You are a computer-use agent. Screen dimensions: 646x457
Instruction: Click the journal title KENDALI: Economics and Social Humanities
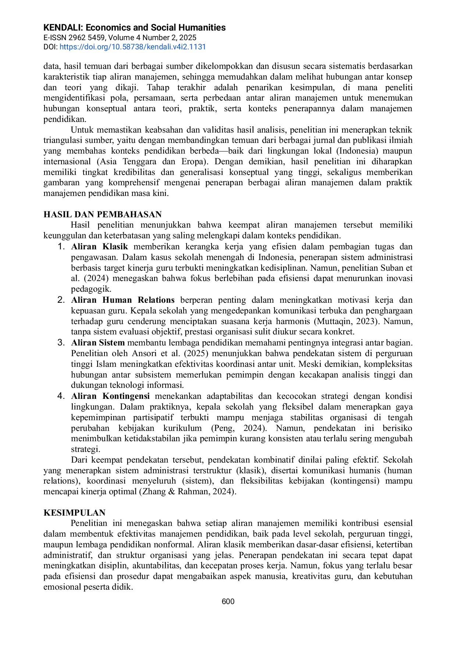coord(134,28)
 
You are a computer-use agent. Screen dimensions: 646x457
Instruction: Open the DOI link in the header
coord(132,47)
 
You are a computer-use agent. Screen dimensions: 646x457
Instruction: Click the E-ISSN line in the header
coord(120,38)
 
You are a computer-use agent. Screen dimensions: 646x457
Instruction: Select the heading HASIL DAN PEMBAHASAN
coord(103,214)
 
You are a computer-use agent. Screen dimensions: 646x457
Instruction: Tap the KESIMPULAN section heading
coord(74,513)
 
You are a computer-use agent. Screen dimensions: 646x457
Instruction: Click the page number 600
coord(228,601)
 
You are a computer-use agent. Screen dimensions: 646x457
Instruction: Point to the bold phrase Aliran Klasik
coord(99,247)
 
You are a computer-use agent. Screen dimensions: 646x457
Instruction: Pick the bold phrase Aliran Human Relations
coord(123,300)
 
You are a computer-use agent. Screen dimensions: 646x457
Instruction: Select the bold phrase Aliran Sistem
coord(98,343)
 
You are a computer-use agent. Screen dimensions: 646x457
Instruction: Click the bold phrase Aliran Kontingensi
coord(110,396)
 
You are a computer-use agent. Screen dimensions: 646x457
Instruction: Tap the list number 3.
coord(61,343)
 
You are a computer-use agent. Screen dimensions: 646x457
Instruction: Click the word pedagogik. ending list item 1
coord(91,289)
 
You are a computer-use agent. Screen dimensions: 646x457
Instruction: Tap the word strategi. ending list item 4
coord(85,449)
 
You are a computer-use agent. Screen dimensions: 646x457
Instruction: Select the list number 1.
coord(61,247)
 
